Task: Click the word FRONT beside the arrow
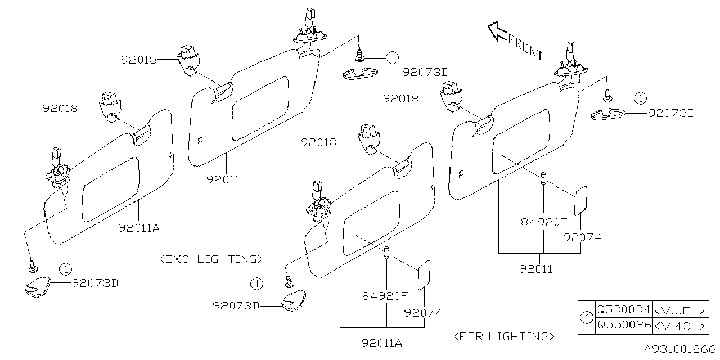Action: coord(526,47)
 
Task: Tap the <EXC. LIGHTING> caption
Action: coord(211,259)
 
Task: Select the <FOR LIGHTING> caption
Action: coord(503,336)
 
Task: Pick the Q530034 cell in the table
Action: coord(623,309)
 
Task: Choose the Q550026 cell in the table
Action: coord(623,325)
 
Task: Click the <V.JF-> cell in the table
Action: coord(680,309)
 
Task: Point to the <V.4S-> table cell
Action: coord(680,325)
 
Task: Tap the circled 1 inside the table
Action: coord(587,317)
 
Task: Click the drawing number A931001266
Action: coord(679,349)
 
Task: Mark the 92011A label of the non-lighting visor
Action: coord(139,228)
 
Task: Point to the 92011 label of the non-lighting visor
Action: coord(222,180)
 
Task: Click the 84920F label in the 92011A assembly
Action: coord(385,295)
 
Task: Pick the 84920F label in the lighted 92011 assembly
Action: coord(543,222)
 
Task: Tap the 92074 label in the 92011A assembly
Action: coord(423,313)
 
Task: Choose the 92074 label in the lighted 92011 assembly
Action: coord(582,237)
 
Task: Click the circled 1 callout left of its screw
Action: coord(257,284)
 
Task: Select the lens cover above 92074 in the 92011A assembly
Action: coord(424,274)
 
